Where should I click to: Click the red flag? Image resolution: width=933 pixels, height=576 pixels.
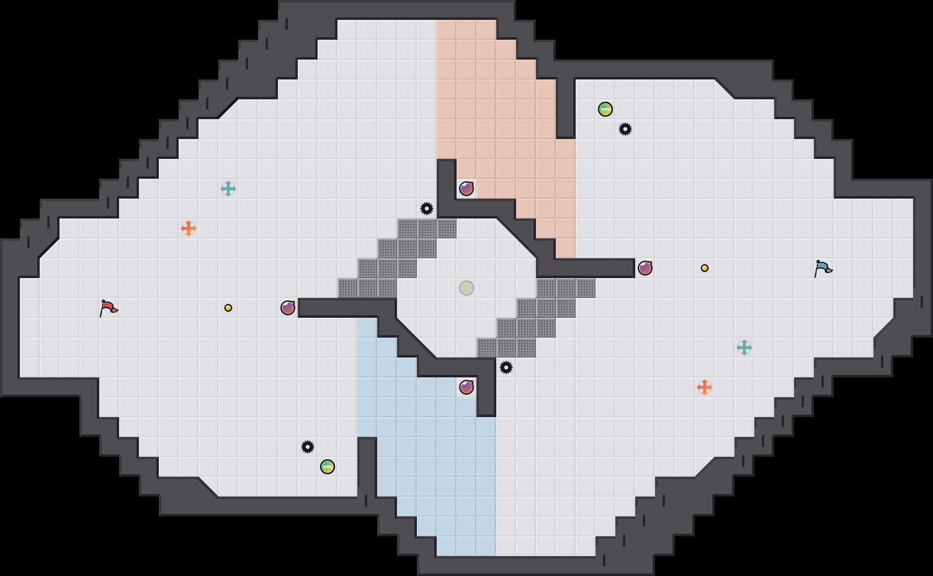tap(108, 308)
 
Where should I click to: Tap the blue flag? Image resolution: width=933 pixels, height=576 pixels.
tap(823, 268)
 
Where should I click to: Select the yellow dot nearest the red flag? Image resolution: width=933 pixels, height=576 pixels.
tap(228, 308)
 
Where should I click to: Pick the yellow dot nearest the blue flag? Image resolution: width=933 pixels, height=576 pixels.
tap(705, 268)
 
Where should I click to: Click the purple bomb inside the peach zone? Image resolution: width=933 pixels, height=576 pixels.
tap(466, 189)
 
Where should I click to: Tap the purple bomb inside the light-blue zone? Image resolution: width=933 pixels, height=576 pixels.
tap(466, 387)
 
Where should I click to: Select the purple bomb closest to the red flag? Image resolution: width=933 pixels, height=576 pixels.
tap(288, 308)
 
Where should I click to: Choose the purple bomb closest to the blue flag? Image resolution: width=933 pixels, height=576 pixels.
tap(645, 268)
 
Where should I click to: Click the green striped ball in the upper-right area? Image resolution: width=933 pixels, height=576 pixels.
tap(605, 109)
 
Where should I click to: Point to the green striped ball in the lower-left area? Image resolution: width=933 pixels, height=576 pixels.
tap(328, 467)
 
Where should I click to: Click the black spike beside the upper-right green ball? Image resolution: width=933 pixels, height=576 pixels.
tap(625, 129)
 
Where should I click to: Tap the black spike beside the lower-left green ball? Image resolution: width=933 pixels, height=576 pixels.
tap(308, 447)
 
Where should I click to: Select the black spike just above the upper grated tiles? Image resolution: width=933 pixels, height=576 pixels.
tap(427, 209)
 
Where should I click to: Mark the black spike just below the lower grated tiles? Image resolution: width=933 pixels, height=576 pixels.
tap(506, 367)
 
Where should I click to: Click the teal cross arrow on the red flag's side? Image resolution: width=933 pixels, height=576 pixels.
tap(228, 189)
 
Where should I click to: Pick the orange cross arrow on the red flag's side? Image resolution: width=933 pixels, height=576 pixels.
tap(189, 228)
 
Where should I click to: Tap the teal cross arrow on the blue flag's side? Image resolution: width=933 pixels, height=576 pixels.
tap(744, 348)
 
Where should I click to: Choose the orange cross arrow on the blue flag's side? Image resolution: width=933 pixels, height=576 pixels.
tap(705, 387)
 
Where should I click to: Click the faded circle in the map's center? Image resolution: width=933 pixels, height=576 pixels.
tap(466, 288)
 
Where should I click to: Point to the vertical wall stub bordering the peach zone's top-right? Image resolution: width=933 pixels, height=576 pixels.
tap(566, 107)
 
